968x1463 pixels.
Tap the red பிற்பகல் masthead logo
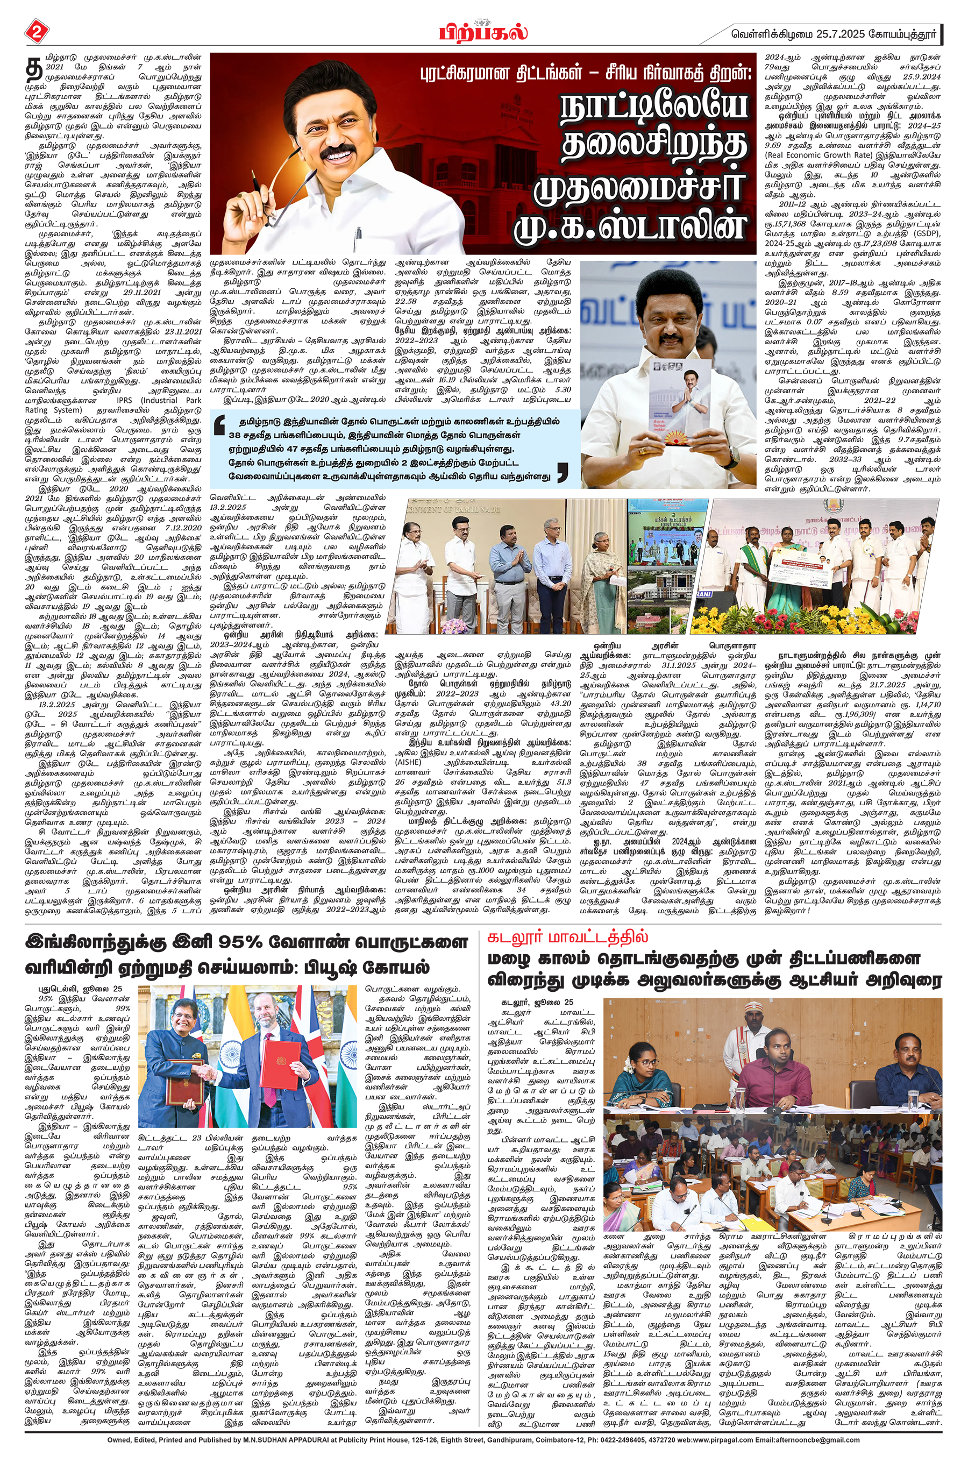point(483,31)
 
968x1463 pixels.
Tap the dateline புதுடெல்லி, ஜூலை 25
point(80,988)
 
